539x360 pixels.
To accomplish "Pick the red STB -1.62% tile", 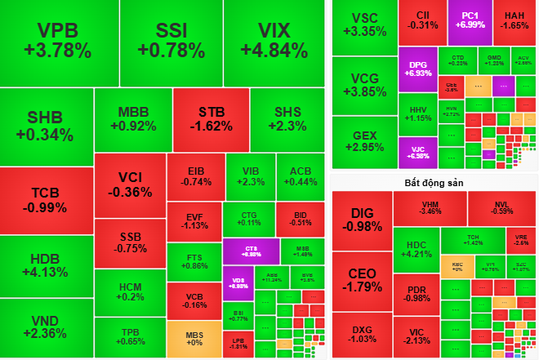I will point(210,119).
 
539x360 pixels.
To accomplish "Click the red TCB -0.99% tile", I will point(46,201).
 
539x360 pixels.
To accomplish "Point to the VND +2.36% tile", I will point(46,327).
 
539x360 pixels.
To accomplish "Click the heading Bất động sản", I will point(434,182).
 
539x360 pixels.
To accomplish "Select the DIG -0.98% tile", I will point(361,220).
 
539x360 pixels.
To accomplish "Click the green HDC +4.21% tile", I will point(415,249).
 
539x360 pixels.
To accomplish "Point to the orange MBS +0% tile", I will point(194,338).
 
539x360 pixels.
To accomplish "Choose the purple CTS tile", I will point(250,250).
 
